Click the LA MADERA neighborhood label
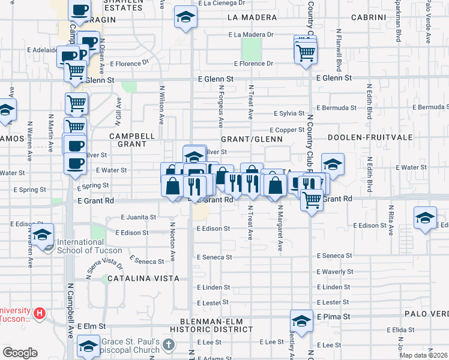coord(252,17)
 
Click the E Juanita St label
coord(139,217)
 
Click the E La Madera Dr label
coord(251,35)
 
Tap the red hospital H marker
coord(40,313)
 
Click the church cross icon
coord(169,345)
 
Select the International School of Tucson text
coord(89,247)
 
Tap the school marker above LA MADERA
coord(186,18)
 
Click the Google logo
coord(20,353)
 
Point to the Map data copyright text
coord(423,355)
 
